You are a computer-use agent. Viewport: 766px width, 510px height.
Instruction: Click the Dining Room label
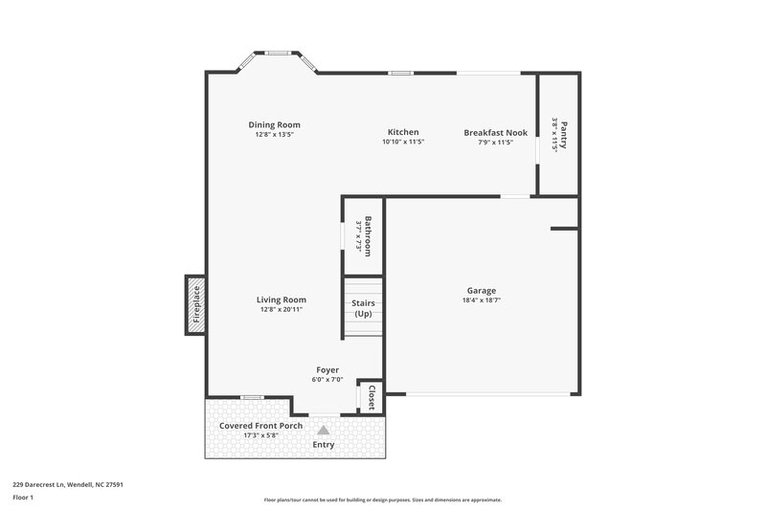pos(275,124)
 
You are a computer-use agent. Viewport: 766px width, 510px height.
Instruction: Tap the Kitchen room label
pos(403,132)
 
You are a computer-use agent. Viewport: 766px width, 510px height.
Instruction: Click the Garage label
pos(481,291)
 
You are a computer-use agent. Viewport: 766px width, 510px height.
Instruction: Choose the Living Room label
pos(282,299)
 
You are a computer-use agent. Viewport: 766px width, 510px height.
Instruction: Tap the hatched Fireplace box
pos(196,306)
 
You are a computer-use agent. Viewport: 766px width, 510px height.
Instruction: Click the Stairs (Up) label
pos(364,308)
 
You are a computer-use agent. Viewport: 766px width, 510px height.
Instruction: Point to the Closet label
pos(372,397)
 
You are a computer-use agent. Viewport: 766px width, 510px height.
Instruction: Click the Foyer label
pos(327,370)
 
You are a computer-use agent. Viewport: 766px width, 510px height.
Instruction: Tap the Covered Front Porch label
pos(260,425)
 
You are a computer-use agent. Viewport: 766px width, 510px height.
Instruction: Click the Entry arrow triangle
pos(324,431)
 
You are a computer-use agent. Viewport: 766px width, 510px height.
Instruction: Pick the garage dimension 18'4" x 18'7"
pos(481,300)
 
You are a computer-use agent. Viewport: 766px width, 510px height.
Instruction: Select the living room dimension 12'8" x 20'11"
pos(282,309)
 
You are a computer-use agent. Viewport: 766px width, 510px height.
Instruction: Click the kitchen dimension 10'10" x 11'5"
pos(403,142)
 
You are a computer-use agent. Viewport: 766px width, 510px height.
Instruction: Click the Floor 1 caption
pos(23,499)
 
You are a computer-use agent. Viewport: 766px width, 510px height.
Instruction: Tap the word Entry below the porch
pos(325,445)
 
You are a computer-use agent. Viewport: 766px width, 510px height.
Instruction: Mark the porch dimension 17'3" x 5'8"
pos(260,435)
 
